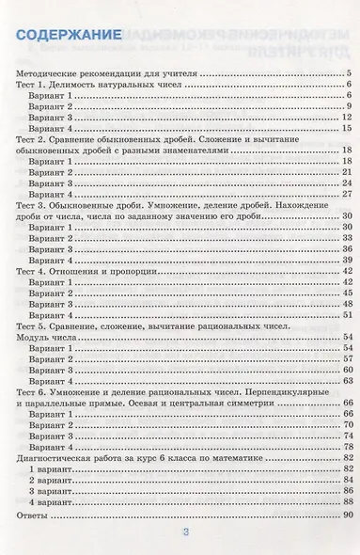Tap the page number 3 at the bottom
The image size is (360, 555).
click(x=185, y=532)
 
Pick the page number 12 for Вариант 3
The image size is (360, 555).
click(x=347, y=117)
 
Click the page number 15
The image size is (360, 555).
click(x=347, y=128)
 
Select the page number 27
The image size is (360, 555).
click(x=347, y=194)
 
